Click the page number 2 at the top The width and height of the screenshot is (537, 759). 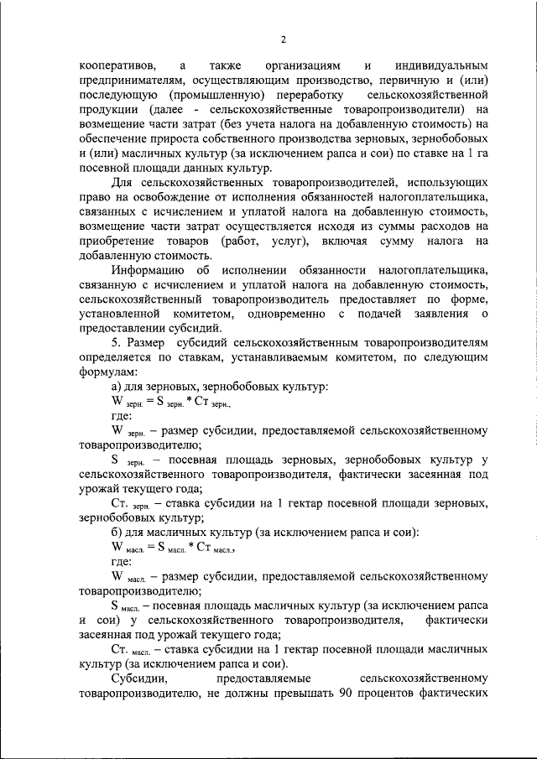(284, 39)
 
